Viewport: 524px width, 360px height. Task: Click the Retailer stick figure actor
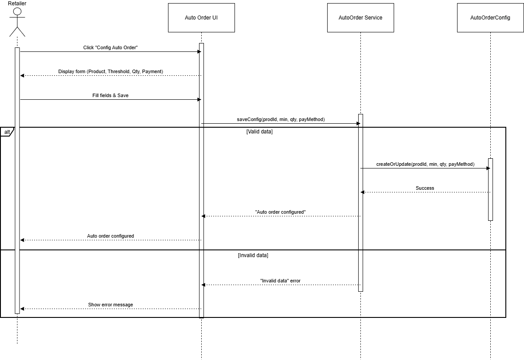[x=17, y=22]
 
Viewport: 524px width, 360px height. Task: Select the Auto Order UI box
[x=201, y=18]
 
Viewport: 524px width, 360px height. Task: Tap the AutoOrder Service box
[x=360, y=18]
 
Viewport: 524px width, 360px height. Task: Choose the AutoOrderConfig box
[x=490, y=18]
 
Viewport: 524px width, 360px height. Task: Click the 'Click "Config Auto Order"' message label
[x=110, y=47]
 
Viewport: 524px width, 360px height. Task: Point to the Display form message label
[x=111, y=71]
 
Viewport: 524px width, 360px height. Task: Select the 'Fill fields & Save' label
[x=110, y=95]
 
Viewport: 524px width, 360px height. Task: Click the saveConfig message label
[x=281, y=119]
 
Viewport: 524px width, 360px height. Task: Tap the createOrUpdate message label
[x=425, y=164]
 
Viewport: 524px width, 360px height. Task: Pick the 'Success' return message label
[x=425, y=188]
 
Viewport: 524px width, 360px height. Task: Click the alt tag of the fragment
[x=7, y=132]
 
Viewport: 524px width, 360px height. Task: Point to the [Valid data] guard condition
[x=259, y=132]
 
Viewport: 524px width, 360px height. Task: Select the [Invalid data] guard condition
[x=253, y=255]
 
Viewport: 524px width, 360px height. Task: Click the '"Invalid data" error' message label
[x=280, y=281]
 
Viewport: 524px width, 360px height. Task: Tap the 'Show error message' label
[x=110, y=305]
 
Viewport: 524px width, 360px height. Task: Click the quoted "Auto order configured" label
[x=280, y=212]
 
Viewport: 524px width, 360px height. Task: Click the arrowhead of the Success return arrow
[x=362, y=192]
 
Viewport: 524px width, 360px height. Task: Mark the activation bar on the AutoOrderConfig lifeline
[x=490, y=189]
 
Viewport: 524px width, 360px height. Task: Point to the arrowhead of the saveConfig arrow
[x=359, y=124]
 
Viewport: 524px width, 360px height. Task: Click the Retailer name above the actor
[x=17, y=4]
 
